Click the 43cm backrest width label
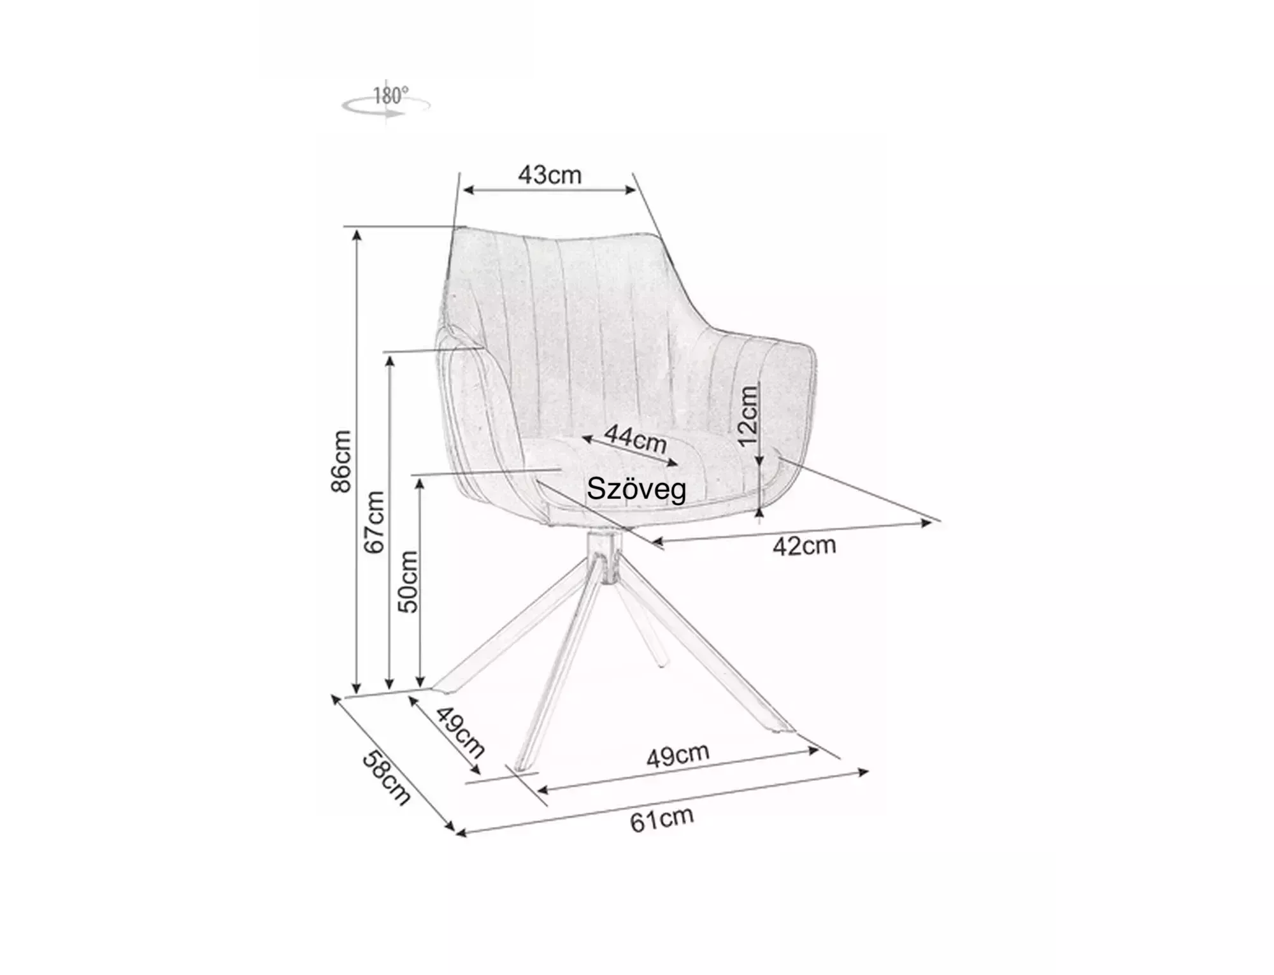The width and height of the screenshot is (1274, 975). [549, 175]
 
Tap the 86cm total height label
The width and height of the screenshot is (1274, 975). [341, 461]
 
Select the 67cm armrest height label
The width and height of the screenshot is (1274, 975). [375, 522]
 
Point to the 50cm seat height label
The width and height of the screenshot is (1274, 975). [408, 581]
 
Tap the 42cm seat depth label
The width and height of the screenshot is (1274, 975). [804, 545]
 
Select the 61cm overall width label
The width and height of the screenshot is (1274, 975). [662, 820]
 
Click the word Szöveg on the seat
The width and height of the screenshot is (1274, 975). [636, 489]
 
